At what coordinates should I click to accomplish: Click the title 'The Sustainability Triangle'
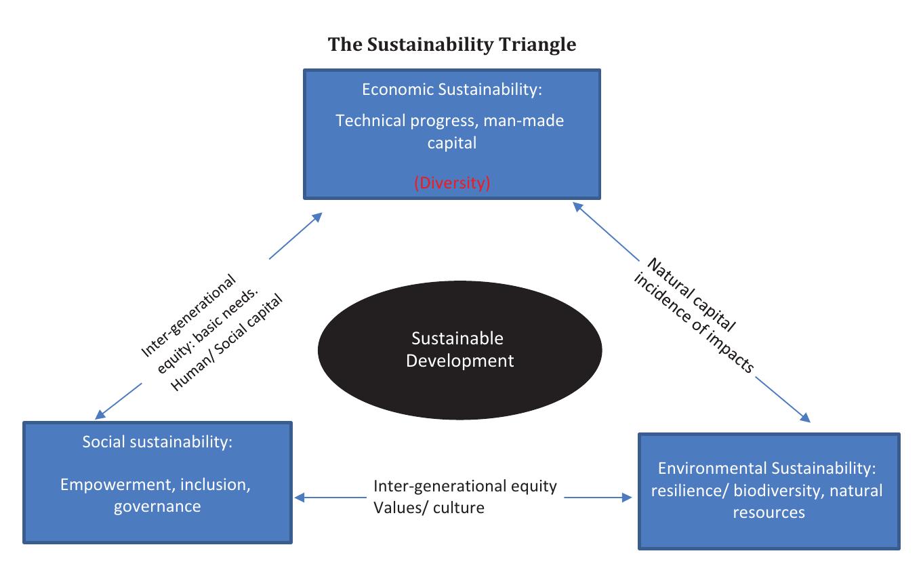pyautogui.click(x=452, y=45)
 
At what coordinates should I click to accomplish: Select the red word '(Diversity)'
pyautogui.click(x=452, y=183)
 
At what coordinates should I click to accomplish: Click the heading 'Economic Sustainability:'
pyautogui.click(x=451, y=89)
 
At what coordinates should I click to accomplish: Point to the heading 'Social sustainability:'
pyautogui.click(x=157, y=442)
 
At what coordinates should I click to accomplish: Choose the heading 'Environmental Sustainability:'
pyautogui.click(x=769, y=468)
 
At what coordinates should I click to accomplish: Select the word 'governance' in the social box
pyautogui.click(x=157, y=506)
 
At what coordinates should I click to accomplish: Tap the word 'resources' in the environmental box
pyautogui.click(x=769, y=512)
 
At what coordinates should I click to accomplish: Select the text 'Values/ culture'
pyautogui.click(x=429, y=507)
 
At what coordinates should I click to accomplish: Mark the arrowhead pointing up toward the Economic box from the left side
pyautogui.click(x=316, y=217)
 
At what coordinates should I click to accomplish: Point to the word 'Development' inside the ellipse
pyautogui.click(x=460, y=360)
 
